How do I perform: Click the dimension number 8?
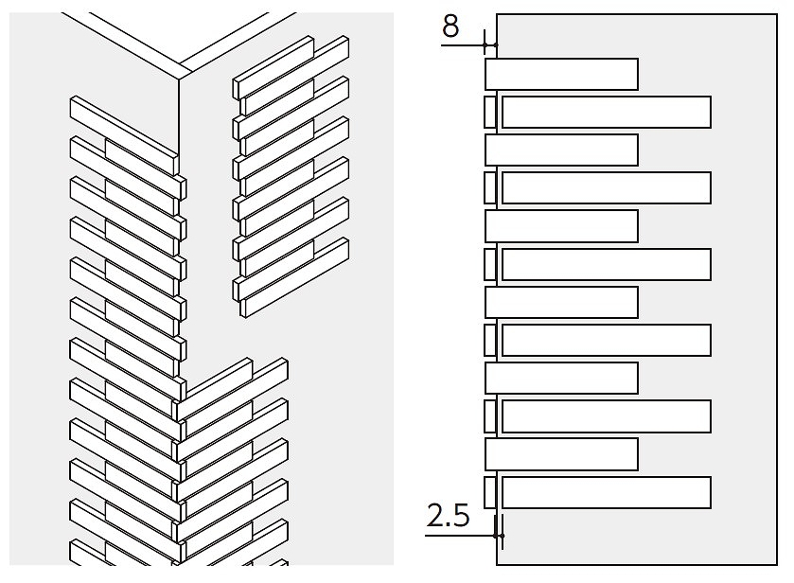(x=450, y=26)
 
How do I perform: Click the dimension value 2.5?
(x=449, y=516)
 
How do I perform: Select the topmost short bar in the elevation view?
(x=561, y=75)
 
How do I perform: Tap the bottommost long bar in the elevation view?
(x=606, y=492)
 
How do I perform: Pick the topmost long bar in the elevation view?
(x=606, y=112)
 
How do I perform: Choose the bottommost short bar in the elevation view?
(x=561, y=454)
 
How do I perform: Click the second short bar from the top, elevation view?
(x=561, y=150)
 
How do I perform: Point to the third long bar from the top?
(x=606, y=264)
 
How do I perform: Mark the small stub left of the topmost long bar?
(x=489, y=112)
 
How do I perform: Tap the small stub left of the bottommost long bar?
(x=489, y=492)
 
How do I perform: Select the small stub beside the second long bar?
(x=489, y=188)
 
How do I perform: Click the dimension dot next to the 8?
(x=485, y=45)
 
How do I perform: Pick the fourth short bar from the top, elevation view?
(x=561, y=303)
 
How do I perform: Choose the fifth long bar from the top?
(x=606, y=416)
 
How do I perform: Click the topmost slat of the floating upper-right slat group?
(x=273, y=67)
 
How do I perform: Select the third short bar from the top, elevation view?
(x=561, y=226)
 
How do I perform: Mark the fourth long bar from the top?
(x=606, y=340)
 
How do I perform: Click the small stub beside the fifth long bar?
(x=489, y=416)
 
